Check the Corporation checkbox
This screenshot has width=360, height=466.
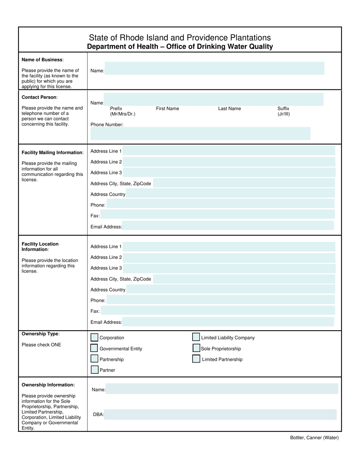94,338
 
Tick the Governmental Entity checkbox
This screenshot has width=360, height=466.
94,348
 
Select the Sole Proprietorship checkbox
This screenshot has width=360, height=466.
196,348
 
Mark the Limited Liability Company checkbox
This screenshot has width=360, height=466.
196,337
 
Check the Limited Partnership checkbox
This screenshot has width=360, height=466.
196,359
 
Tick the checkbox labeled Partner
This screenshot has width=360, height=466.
94,370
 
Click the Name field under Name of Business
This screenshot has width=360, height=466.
214,69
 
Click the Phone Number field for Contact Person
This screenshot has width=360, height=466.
200,134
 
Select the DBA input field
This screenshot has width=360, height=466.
220,414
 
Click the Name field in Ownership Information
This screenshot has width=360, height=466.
221,389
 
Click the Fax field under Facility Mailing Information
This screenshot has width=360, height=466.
218,215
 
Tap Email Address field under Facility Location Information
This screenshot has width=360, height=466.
228,322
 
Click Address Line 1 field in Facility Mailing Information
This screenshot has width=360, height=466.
229,151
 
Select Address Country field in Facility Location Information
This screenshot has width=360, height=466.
230,289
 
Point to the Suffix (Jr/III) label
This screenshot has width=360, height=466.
283,111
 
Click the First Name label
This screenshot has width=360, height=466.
167,109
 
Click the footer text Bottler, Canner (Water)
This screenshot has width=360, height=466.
314,438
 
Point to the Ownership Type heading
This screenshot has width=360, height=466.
40,334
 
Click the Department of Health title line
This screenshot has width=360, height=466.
180,47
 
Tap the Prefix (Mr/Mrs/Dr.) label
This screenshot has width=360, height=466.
122,111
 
